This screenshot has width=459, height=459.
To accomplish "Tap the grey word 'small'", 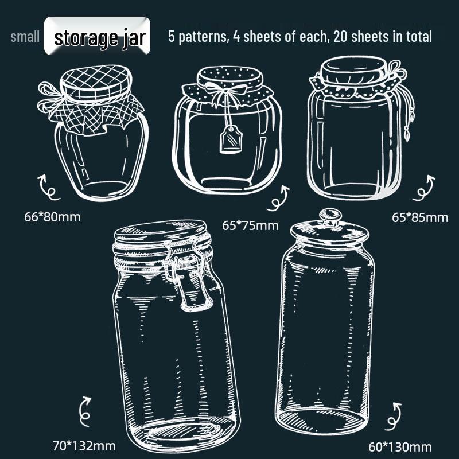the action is tap(25, 37).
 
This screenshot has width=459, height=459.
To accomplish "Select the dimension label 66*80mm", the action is tap(52, 217).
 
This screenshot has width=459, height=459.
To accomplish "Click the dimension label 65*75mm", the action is tap(250, 225).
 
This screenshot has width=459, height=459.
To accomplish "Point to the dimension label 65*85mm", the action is tap(420, 218).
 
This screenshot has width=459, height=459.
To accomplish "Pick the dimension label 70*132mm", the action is tap(84, 446).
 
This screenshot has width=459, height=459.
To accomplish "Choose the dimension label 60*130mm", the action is tap(400, 447).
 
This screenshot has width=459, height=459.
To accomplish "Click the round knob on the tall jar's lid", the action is tap(330, 216).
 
